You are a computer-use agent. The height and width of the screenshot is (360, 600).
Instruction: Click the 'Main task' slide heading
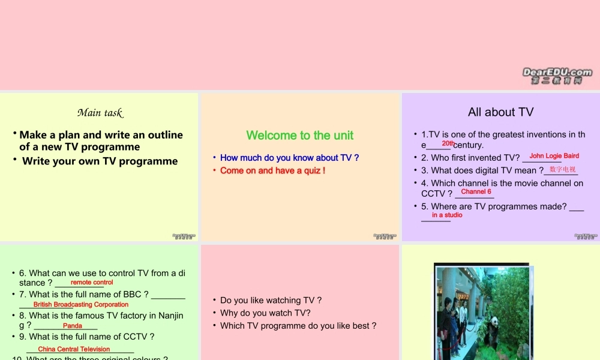coord(100,113)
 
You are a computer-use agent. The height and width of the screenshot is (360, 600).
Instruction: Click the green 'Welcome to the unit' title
coord(300,136)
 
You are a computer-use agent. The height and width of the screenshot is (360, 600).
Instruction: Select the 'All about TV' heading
coord(500,112)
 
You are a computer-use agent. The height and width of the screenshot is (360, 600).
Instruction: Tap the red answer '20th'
coord(448,144)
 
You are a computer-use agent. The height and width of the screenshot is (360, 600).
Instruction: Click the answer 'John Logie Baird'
coord(554,156)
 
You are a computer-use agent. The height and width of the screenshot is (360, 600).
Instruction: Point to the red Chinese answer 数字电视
coord(562,170)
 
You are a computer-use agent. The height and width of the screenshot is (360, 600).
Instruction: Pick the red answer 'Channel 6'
coord(476,192)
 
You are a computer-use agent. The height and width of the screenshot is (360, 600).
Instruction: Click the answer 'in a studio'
coord(447,215)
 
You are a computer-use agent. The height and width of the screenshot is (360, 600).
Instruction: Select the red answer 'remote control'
coord(92,282)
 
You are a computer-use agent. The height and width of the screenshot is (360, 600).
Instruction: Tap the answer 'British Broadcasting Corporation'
coord(81,305)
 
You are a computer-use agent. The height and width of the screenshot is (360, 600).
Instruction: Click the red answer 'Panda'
coord(72,326)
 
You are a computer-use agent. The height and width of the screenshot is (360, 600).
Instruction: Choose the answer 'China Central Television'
coord(74,349)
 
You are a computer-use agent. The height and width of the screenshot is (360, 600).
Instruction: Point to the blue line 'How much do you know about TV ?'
coord(289,158)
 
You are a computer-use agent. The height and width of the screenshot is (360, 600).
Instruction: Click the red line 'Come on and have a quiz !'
coord(272,170)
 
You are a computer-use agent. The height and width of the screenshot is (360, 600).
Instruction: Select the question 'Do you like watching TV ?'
coord(271,300)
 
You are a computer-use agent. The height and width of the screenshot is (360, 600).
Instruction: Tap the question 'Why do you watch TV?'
coord(265,313)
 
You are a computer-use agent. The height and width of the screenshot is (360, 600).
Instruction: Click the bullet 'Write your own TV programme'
coord(100,161)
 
